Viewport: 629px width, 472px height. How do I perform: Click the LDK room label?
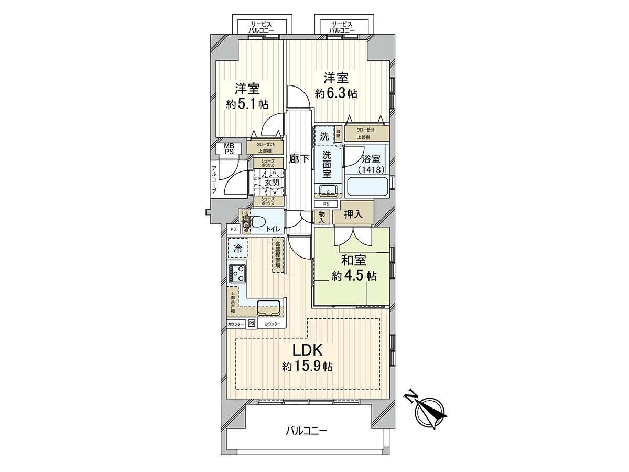pyautogui.click(x=307, y=350)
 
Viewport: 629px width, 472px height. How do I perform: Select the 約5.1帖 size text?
pyautogui.click(x=247, y=104)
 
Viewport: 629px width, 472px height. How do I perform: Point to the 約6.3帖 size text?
pyautogui.click(x=336, y=93)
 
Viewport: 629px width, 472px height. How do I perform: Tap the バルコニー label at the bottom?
pyautogui.click(x=307, y=431)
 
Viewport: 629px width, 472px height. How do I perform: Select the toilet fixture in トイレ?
pyautogui.click(x=257, y=222)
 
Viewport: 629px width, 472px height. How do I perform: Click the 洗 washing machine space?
pyautogui.click(x=324, y=135)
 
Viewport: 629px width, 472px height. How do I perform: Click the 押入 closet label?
pyautogui.click(x=353, y=214)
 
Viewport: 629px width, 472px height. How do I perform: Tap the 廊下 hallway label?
pyautogui.click(x=299, y=159)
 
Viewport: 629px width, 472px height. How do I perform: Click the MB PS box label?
pyautogui.click(x=229, y=148)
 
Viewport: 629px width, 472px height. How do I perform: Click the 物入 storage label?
pyautogui.click(x=321, y=217)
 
